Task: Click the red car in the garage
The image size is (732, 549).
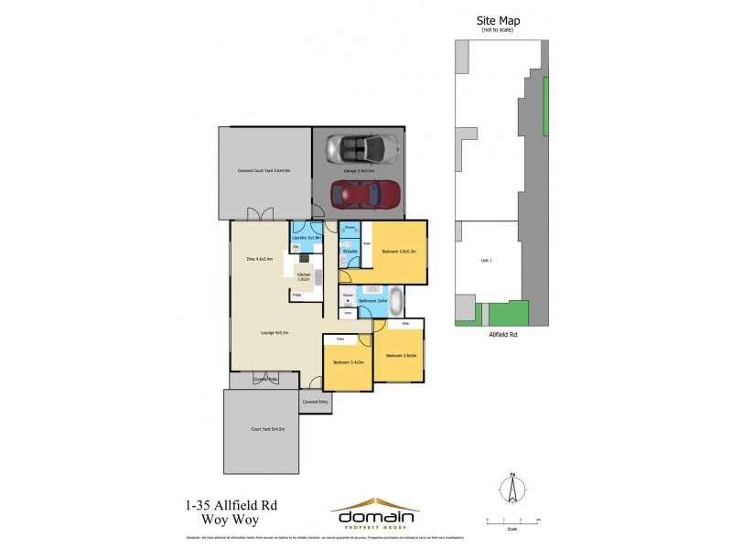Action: coord(365,193)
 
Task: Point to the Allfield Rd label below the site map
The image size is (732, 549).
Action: coord(499,335)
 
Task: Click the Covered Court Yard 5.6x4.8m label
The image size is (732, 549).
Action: coord(264,171)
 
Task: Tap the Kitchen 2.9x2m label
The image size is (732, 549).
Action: coord(304,275)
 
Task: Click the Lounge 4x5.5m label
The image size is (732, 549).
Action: coord(274,333)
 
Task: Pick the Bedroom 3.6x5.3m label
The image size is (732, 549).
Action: coord(399,251)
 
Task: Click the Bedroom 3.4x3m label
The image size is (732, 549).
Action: coord(349,362)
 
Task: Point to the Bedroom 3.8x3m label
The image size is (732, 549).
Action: coord(401,355)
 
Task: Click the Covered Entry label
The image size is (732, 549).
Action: coord(315,401)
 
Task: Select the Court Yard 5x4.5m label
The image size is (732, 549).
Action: coord(268,428)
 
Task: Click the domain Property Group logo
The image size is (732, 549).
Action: coord(375,511)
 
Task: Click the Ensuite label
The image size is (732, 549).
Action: coord(349,250)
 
